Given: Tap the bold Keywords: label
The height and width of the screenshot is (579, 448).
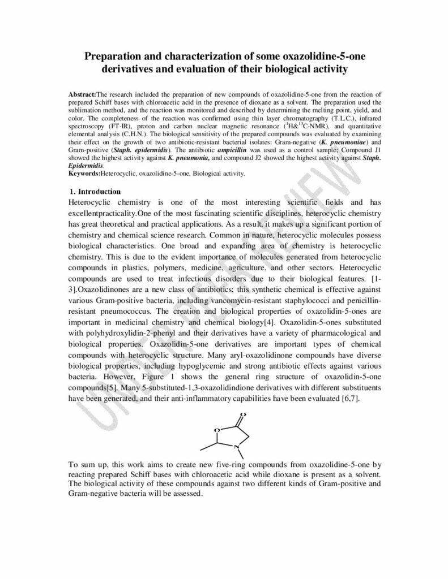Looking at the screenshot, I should (x=83, y=174).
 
